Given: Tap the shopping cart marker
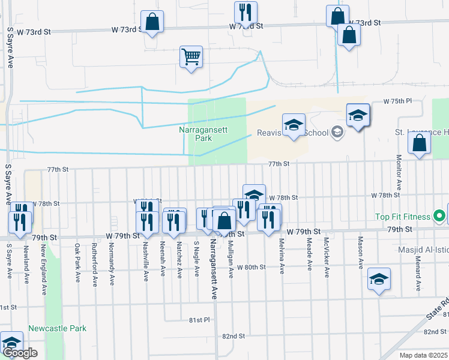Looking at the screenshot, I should pos(191,58).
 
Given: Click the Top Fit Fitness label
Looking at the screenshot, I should pos(402,217).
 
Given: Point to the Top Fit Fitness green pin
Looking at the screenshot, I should pos(439,216).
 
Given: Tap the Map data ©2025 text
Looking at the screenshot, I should pos(423,355).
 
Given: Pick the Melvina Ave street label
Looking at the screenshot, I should pos(282,256).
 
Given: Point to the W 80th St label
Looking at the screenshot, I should pos(251,267).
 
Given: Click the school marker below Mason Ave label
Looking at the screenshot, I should pos(378,280).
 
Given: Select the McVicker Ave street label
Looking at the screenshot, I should pos(327,259).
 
